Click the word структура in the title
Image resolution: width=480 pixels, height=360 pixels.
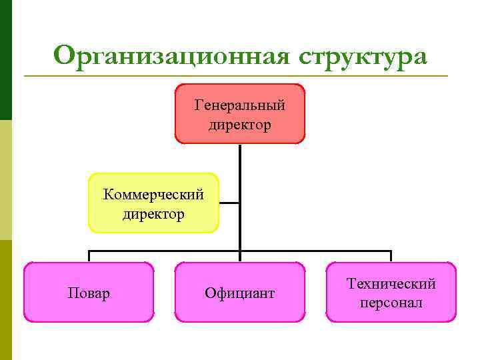[x=363, y=57]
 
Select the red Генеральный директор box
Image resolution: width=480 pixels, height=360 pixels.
[x=240, y=131]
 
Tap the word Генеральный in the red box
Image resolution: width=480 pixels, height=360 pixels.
[x=240, y=105]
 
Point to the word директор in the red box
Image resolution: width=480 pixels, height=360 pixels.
[x=240, y=125]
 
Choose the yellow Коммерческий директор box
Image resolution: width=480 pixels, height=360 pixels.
[x=153, y=223]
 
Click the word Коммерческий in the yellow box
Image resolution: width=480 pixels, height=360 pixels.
[x=153, y=195]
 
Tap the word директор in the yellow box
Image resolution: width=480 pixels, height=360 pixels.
[x=153, y=214]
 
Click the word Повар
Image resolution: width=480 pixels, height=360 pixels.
[x=89, y=293]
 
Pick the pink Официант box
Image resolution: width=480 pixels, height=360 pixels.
[x=240, y=310]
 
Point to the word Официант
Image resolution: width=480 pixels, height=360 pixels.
[x=240, y=293]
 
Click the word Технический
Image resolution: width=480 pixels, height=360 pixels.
[x=391, y=284]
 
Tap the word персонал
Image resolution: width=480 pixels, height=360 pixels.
[x=391, y=303]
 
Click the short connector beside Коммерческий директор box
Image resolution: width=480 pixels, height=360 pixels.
[x=229, y=203]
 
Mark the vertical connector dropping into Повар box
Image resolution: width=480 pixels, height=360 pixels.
[x=89, y=257]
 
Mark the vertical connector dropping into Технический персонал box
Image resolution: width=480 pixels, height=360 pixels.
[x=391, y=257]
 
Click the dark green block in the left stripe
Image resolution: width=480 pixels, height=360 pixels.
[x=6, y=60]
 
